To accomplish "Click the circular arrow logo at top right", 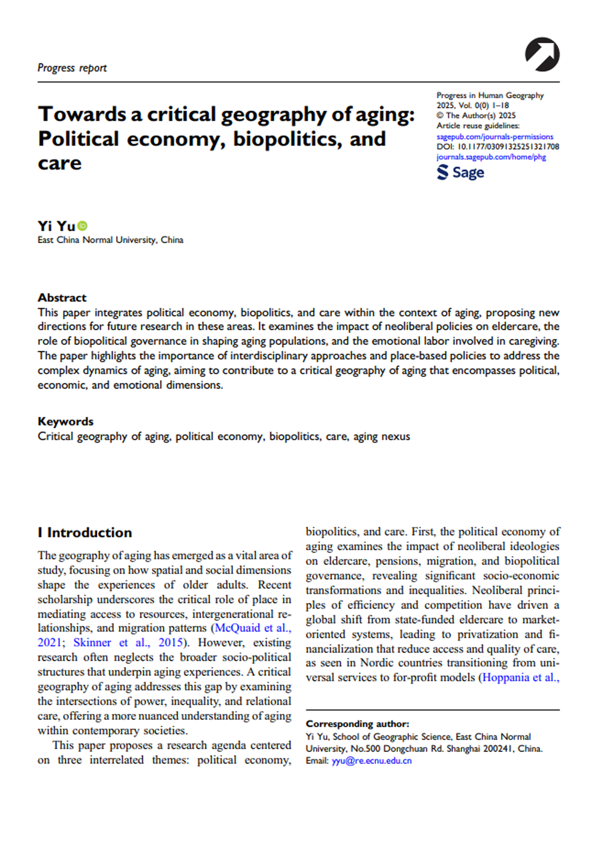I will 542,54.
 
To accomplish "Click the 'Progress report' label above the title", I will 72,68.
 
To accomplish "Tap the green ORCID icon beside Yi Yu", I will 83,226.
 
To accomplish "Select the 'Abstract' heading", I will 62,297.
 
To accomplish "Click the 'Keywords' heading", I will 65,421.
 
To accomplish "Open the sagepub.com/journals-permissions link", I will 494,137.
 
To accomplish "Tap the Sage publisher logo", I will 460,173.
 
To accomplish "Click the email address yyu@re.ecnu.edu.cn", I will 371,761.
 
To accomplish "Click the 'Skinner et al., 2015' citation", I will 128,643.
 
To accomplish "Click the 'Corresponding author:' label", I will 357,724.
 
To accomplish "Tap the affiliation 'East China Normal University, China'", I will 110,240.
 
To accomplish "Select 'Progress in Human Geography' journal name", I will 490,95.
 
